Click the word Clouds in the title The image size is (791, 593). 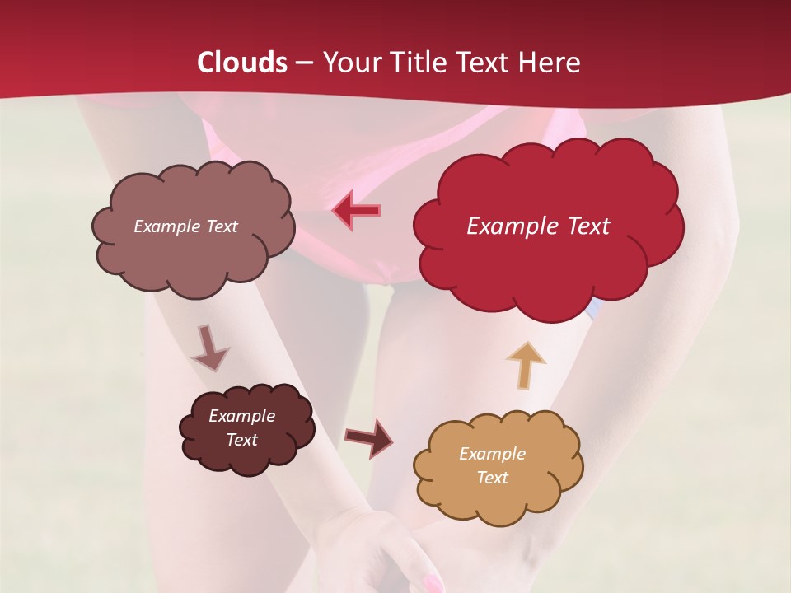242,62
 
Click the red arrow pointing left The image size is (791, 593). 355,211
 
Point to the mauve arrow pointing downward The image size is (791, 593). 209,348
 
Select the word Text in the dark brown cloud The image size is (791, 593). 241,440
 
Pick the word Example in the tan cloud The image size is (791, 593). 492,454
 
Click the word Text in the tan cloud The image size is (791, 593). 492,478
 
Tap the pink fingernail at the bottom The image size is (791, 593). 432,584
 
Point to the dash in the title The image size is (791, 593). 303,63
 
